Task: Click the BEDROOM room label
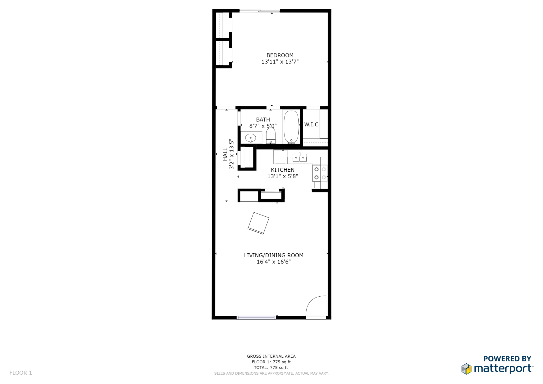coord(280,55)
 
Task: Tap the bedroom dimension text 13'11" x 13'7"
coord(280,62)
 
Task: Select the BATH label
coord(263,120)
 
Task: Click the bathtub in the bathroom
coord(291,127)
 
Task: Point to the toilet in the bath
coord(271,135)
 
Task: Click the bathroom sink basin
coord(250,138)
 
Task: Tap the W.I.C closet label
coord(311,124)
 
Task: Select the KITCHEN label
coord(283,170)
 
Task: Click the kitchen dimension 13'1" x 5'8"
coord(283,176)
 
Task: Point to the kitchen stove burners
coord(320,173)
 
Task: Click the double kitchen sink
coord(299,158)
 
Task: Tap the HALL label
coord(225,154)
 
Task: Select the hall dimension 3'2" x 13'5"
coord(232,154)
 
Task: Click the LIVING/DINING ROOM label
coord(273,255)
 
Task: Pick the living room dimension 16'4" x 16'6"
coord(273,262)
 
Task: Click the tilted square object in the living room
coord(258,223)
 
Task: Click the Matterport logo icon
coord(466,369)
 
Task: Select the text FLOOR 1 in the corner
coord(21,373)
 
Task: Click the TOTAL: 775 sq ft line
coord(271,368)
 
